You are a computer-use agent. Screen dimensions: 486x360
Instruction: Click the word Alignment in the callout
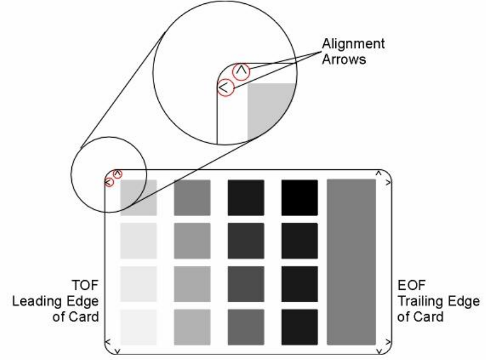(353, 44)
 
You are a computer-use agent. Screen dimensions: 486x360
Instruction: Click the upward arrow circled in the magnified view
(241, 71)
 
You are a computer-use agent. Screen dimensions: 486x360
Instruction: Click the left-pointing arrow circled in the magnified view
(225, 87)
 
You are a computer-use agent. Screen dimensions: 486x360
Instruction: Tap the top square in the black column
(299, 198)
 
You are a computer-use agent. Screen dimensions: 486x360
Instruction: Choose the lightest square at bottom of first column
(138, 327)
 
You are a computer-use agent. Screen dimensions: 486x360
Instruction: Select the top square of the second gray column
(192, 198)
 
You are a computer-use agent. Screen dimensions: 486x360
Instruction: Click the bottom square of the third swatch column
(246, 327)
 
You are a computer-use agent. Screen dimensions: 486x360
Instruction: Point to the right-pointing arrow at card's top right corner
(387, 183)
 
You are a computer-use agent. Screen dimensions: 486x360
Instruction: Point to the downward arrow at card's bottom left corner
(117, 352)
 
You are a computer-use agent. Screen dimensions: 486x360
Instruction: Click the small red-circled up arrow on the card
(117, 173)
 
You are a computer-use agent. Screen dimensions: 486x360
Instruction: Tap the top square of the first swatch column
(138, 198)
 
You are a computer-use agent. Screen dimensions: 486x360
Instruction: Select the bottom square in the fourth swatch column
(299, 327)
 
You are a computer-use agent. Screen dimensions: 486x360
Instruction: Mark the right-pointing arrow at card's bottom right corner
(387, 341)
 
